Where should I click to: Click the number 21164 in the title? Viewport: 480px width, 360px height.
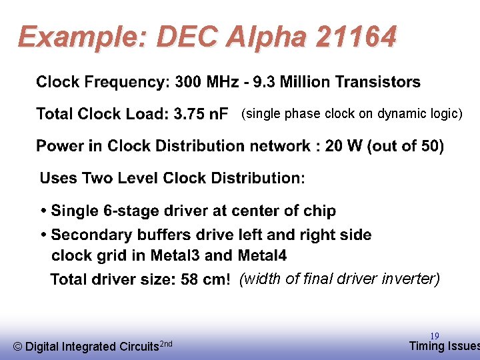point(356,37)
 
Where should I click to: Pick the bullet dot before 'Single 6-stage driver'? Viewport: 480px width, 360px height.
point(43,211)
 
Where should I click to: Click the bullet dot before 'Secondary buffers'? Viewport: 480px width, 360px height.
point(43,235)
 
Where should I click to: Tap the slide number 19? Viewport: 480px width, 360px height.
point(434,336)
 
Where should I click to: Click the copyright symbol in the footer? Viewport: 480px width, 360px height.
point(18,347)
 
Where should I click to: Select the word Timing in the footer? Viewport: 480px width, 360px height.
point(425,345)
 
